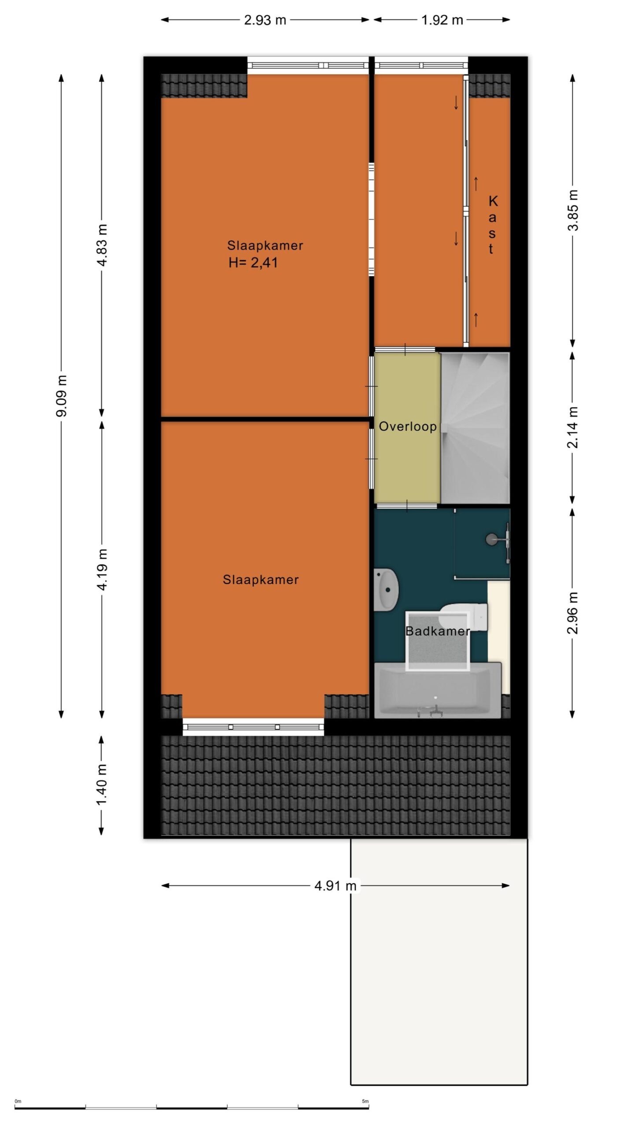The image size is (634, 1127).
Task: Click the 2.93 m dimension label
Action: [x=265, y=20]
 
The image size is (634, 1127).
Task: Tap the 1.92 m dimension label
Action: [x=442, y=20]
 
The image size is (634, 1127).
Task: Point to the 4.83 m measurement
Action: [x=102, y=245]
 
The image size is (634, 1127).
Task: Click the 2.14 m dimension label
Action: [x=573, y=427]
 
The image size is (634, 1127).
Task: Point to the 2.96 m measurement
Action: [x=573, y=613]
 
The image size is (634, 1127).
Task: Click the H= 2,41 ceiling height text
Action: [x=253, y=263]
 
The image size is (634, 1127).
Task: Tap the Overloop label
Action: [x=408, y=426]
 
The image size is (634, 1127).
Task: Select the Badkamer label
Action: [x=438, y=631]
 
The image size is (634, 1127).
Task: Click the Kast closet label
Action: [x=492, y=225]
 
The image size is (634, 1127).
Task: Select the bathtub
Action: [x=438, y=690]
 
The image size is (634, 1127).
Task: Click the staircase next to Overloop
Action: [x=475, y=427]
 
